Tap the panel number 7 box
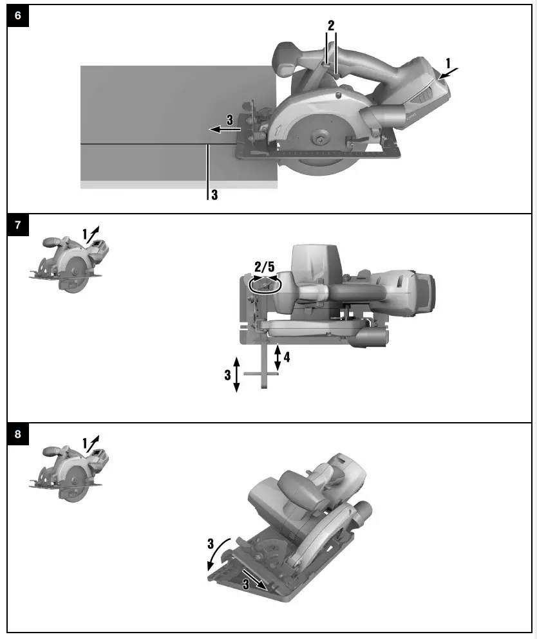pyautogui.click(x=17, y=225)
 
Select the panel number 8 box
pyautogui.click(x=17, y=434)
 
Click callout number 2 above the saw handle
pyautogui.click(x=331, y=26)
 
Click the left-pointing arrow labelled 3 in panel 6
pyautogui.click(x=225, y=129)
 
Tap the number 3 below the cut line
pyautogui.click(x=214, y=194)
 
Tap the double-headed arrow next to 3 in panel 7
pyautogui.click(x=236, y=375)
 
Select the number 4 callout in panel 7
pyautogui.click(x=287, y=357)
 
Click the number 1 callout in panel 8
pyautogui.click(x=85, y=443)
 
